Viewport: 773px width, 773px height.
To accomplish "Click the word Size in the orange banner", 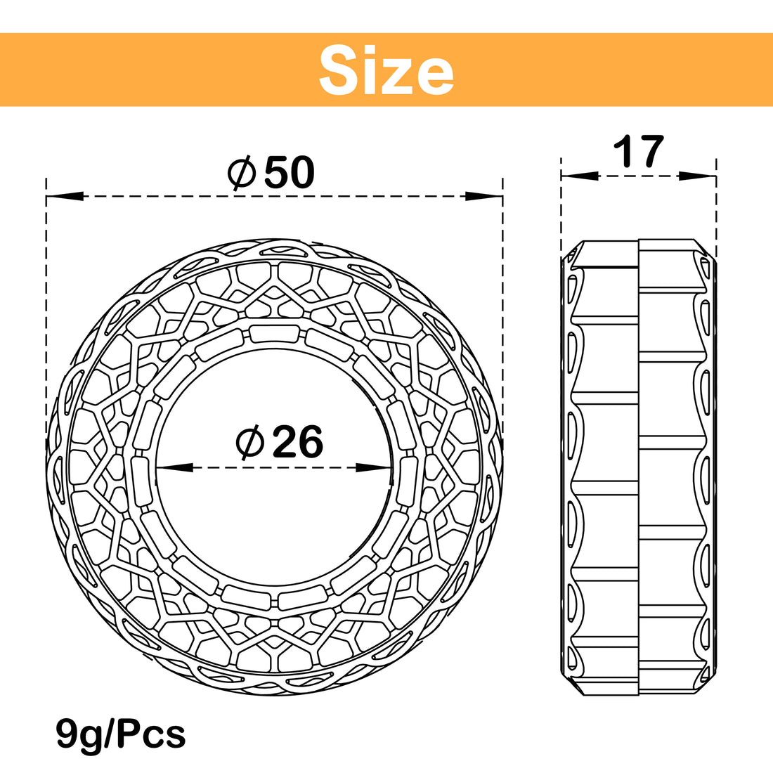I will [x=386, y=70].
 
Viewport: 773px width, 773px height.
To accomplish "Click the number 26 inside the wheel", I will [x=298, y=442].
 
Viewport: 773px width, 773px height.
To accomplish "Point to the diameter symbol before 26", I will [x=250, y=442].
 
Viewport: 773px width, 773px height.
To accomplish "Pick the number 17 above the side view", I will [x=638, y=151].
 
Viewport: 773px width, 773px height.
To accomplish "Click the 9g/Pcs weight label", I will [x=121, y=734].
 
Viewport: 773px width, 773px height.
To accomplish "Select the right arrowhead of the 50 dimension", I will [x=485, y=196].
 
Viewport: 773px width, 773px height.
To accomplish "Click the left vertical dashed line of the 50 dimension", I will [x=46, y=281].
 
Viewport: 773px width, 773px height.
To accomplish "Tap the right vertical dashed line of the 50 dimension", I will [x=503, y=281].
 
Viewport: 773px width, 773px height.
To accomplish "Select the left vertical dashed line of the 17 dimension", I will [x=561, y=211].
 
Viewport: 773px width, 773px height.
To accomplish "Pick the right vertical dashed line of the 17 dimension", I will [x=716, y=211].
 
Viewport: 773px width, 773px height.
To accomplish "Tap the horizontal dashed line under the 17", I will [x=638, y=176].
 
